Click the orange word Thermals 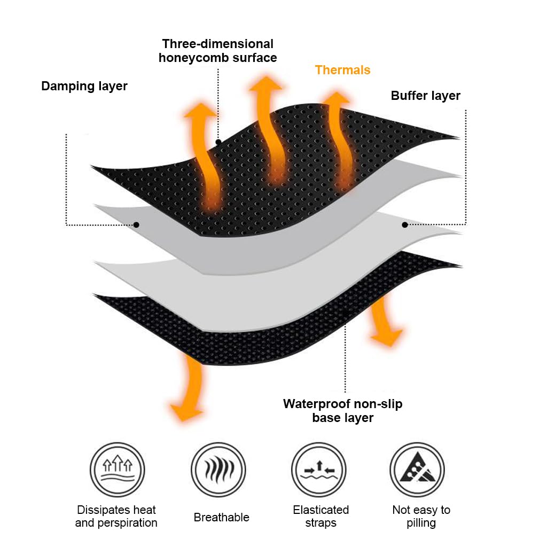(342, 70)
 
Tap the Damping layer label (84, 86)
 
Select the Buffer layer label (425, 96)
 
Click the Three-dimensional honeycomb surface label (218, 51)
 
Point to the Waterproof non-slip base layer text (342, 410)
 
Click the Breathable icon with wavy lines (218, 470)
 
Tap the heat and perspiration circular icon (116, 470)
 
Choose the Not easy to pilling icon (417, 470)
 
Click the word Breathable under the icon (221, 517)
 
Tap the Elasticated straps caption (321, 516)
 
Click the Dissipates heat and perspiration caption (116, 516)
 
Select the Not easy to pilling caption (421, 516)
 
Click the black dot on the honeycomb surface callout (218, 142)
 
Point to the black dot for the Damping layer (136, 225)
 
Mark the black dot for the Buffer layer (405, 225)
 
